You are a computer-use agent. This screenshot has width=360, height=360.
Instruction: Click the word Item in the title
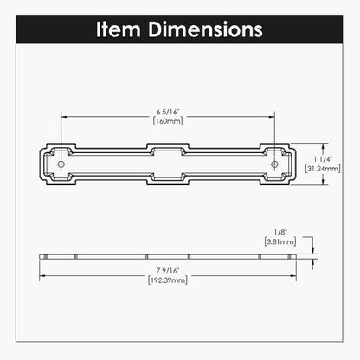click(119, 29)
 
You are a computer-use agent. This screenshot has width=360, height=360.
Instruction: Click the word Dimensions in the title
click(205, 29)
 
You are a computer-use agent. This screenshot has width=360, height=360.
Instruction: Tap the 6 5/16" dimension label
click(168, 112)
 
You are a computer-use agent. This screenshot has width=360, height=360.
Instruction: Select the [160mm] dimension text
click(168, 121)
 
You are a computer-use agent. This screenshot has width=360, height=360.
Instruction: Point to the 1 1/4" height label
click(323, 159)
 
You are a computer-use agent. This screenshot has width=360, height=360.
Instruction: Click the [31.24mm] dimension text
click(323, 168)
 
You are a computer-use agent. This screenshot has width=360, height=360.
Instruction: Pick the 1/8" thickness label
click(280, 232)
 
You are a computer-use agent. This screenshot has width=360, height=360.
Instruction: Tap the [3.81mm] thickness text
click(280, 241)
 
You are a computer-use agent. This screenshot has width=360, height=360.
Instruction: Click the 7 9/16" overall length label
click(168, 271)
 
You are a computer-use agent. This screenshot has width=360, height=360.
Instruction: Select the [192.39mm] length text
click(168, 280)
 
